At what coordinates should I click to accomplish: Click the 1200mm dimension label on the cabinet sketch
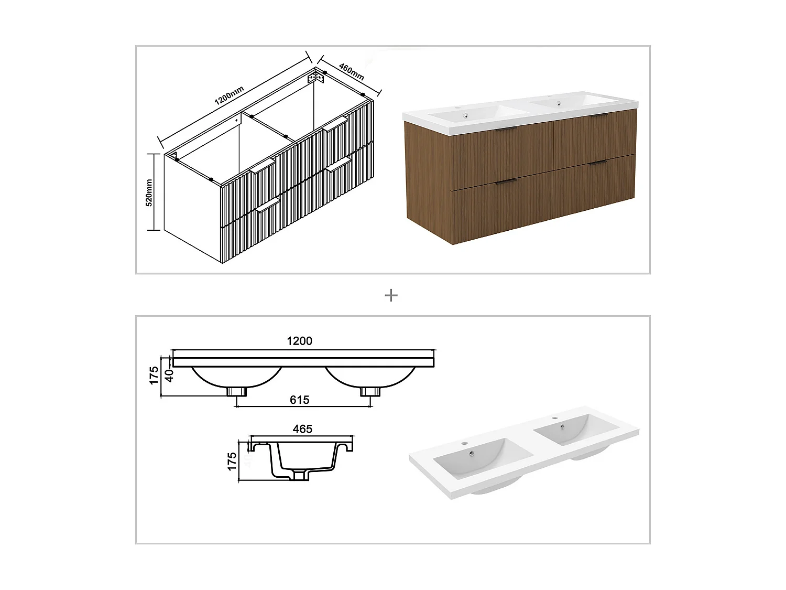tap(229, 95)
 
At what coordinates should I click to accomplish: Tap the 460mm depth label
tap(351, 71)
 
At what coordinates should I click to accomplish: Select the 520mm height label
tap(149, 192)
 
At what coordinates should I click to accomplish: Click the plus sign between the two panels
tap(391, 296)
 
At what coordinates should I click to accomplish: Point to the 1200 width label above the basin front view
tap(299, 341)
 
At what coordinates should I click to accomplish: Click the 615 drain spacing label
tap(299, 400)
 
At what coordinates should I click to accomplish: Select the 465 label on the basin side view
tap(302, 429)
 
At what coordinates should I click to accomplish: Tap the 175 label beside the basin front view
tap(154, 376)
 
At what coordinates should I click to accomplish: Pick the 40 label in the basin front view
tap(169, 376)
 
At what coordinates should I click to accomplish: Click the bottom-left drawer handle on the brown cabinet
tap(506, 181)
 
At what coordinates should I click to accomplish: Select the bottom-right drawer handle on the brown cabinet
tap(597, 164)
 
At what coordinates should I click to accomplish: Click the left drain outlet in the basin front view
tap(237, 392)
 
